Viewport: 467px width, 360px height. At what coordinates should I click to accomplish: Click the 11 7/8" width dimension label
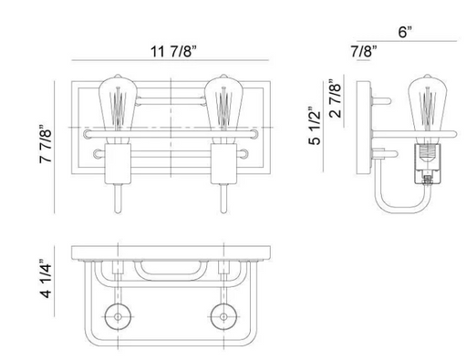click(x=173, y=51)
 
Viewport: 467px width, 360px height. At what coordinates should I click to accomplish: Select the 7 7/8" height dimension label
click(x=46, y=143)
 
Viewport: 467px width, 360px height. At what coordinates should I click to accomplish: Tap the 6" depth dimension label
click(x=405, y=32)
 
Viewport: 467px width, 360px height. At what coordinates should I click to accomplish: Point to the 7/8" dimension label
click(x=364, y=51)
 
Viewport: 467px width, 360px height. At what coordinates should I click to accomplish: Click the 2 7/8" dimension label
click(x=335, y=98)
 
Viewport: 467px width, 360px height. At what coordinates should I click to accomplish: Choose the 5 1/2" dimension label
click(x=315, y=125)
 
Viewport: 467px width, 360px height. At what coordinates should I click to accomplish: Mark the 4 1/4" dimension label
click(x=46, y=278)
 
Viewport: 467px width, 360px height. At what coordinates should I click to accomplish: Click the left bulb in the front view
click(x=118, y=108)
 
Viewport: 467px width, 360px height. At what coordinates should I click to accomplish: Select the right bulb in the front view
click(x=223, y=108)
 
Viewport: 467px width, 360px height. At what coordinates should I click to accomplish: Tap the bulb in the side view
click(x=427, y=108)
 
